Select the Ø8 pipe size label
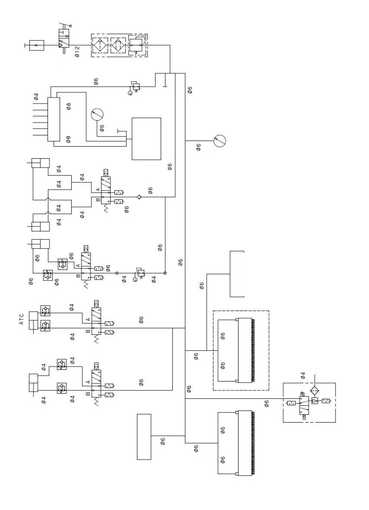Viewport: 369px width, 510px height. point(68,107)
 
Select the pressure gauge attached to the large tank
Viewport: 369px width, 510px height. point(97,115)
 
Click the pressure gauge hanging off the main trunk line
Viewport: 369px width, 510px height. point(220,141)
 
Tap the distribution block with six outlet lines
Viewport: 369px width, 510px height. point(53,119)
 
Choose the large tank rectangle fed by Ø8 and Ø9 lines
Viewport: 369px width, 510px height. point(147,138)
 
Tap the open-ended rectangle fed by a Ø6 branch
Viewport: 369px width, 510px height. point(237,274)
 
